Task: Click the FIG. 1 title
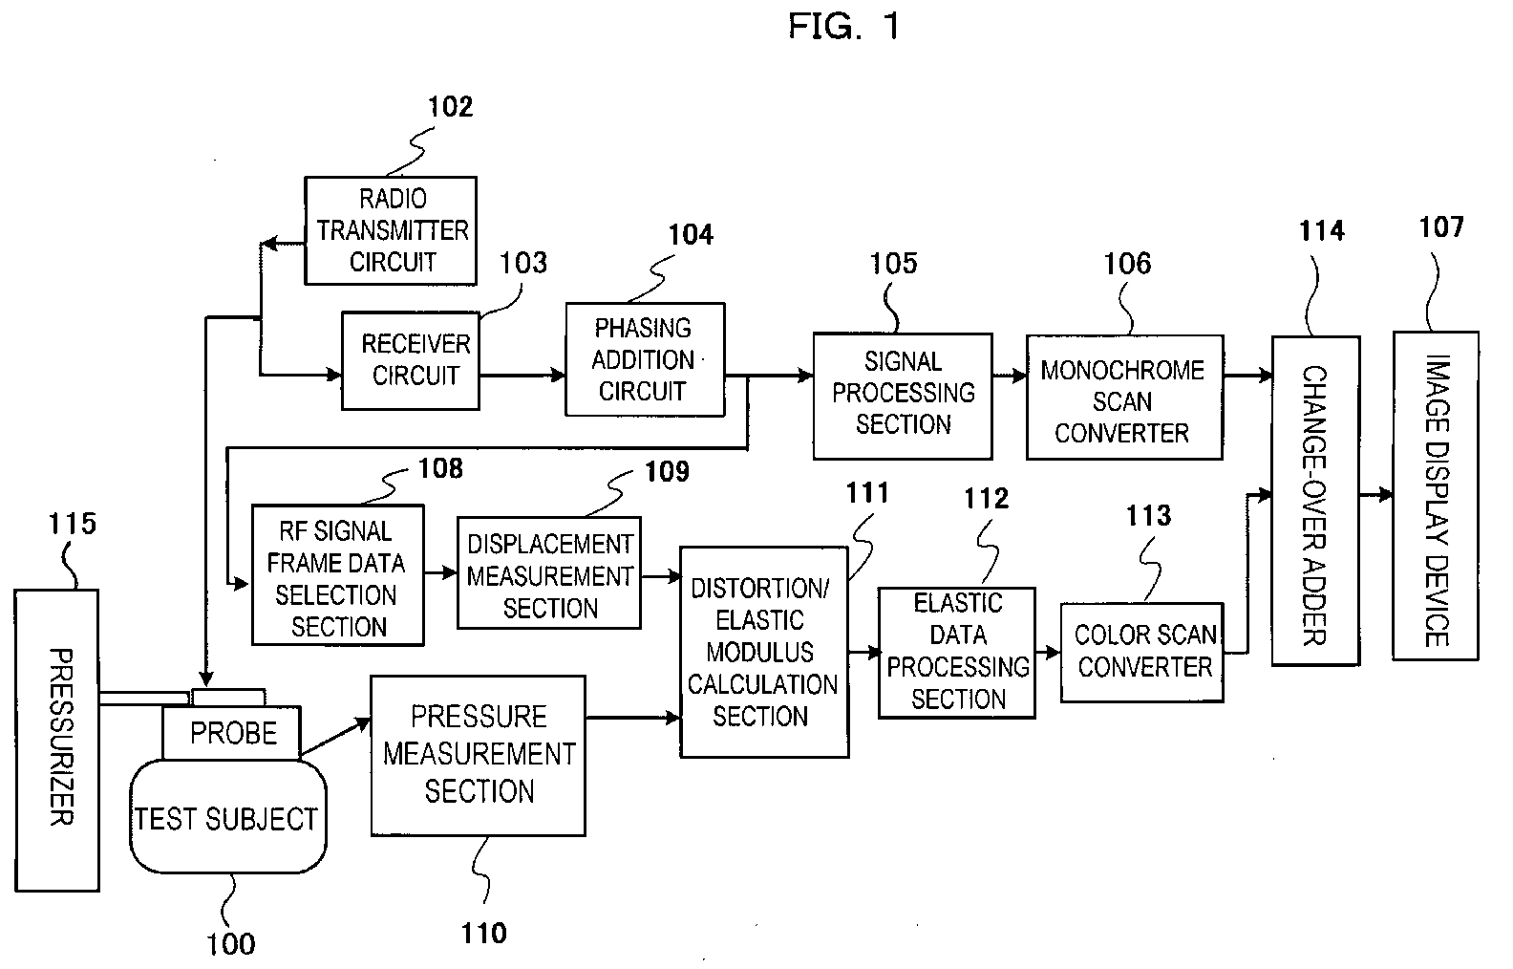[x=842, y=27]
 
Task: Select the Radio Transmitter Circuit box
[x=391, y=230]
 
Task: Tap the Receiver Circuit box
[x=412, y=360]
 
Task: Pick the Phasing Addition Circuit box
[x=645, y=359]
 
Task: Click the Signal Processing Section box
[x=903, y=395]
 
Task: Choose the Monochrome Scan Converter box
[x=1124, y=398]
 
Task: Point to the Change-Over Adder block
[x=1315, y=500]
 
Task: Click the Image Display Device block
[x=1436, y=495]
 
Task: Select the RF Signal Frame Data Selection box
[x=337, y=575]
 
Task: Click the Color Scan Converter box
[x=1142, y=653]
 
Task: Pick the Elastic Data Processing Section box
[x=957, y=652]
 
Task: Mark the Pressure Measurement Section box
[x=478, y=755]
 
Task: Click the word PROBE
[x=233, y=733]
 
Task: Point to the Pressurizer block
[x=57, y=740]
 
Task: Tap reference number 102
[x=450, y=106]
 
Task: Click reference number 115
[x=73, y=523]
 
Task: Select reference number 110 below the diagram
[x=483, y=933]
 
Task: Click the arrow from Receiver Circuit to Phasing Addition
[x=522, y=376]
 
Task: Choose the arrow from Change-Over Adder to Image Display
[x=1375, y=495]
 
